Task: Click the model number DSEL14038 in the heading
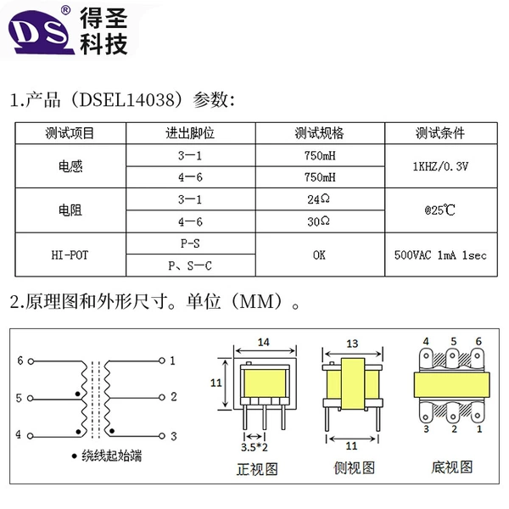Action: pos(127,99)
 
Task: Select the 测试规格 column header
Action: pos(320,133)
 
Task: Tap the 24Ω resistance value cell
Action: pos(319,199)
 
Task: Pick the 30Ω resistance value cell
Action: pos(319,221)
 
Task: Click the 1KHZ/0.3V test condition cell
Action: pos(440,166)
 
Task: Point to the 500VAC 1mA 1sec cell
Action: pos(440,255)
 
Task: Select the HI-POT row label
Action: pos(70,255)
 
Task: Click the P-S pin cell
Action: pos(190,243)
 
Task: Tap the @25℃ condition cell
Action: pos(440,210)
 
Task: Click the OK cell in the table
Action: pos(319,255)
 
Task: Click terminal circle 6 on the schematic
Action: pos(31,361)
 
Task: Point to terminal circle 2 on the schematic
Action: pos(162,397)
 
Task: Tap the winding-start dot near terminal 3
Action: pos(112,431)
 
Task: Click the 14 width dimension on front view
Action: pos(264,343)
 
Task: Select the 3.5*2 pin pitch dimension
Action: pos(255,447)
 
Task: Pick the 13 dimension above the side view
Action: pos(352,344)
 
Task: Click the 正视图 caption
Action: pos(257,469)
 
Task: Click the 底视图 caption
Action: pos(451,467)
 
